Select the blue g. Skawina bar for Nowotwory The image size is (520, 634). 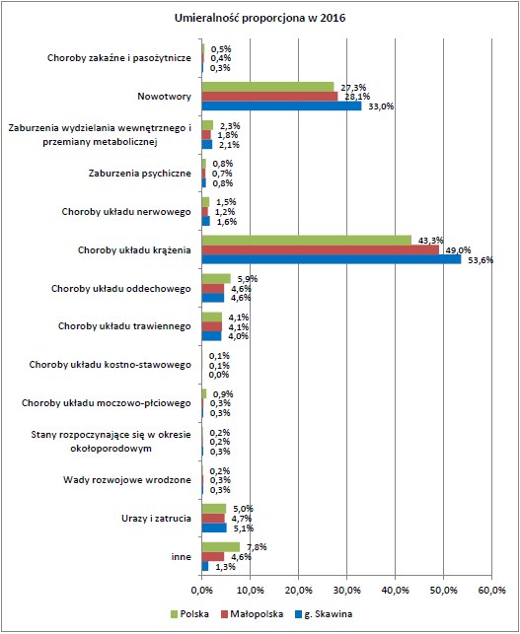281,106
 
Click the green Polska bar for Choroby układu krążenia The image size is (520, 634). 306,240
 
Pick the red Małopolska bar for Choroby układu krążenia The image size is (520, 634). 320,249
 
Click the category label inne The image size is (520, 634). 180,556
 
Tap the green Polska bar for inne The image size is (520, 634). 220,547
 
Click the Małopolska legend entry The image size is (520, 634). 256,612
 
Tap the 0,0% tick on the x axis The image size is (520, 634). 201,591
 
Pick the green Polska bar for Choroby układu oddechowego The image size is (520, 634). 215,278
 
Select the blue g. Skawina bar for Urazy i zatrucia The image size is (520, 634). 213,528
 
